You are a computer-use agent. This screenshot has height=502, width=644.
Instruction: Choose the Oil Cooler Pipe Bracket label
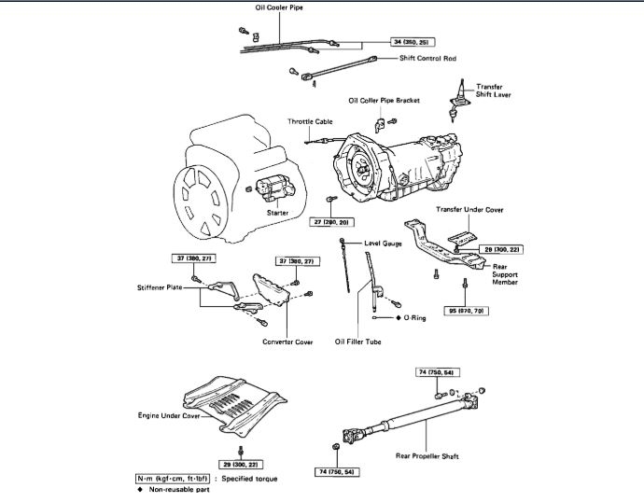coord(384,100)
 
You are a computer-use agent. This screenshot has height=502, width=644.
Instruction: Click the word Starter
coord(277,213)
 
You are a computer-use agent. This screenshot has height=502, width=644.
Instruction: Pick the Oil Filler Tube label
coord(357,342)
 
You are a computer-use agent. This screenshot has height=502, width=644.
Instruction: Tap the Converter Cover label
coord(287,342)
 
